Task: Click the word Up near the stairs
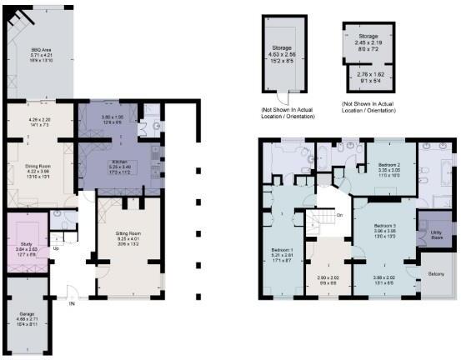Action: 57,247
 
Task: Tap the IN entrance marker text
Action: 71,304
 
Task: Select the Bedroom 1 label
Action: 282,249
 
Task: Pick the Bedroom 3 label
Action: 384,226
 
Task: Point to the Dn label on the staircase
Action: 339,216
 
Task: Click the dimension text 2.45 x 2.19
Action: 368,43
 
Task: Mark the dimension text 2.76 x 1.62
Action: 368,75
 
